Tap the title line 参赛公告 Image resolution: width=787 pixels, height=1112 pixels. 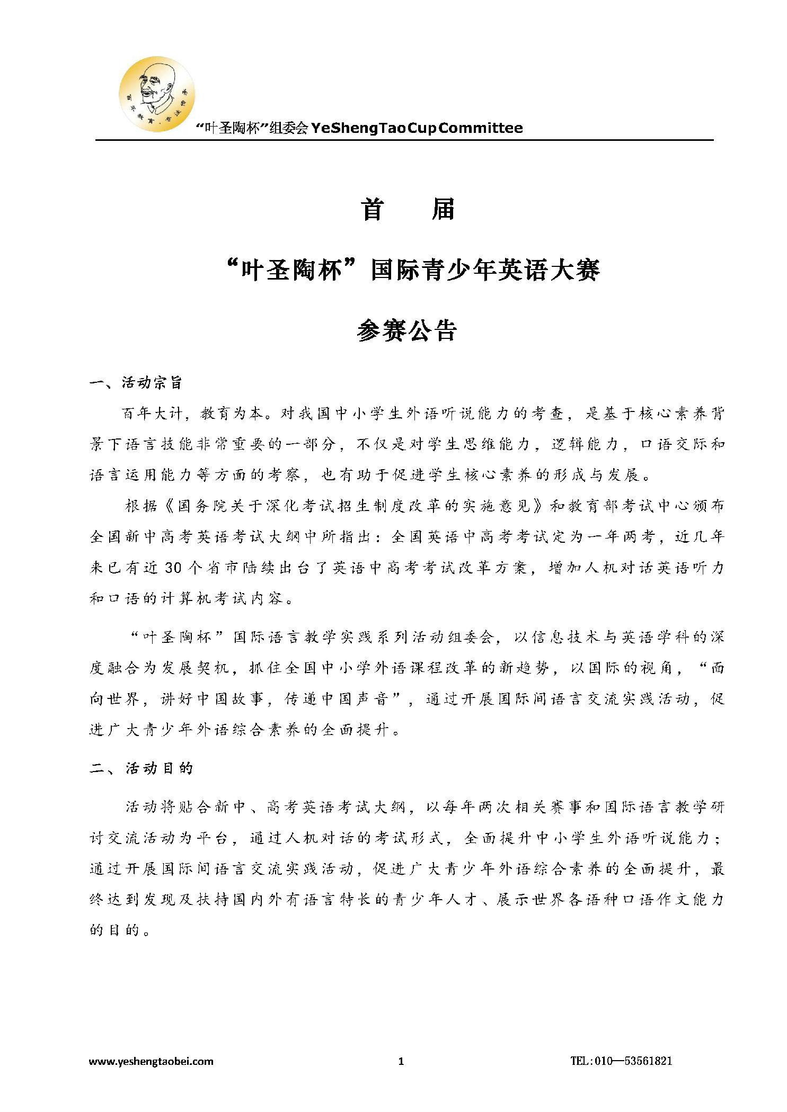pos(407,331)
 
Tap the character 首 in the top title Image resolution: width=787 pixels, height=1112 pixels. pos(373,210)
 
